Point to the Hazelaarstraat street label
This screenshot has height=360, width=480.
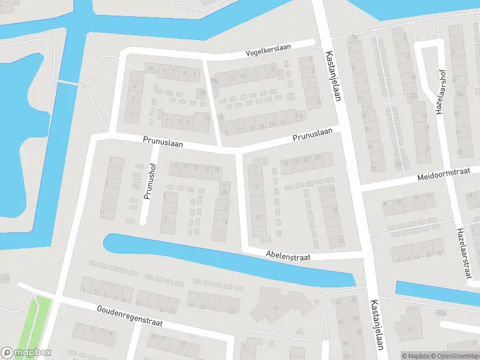(463, 253)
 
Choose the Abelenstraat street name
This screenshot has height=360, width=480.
(289, 257)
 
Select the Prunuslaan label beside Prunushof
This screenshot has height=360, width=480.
(163, 142)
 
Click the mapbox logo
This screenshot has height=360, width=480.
(26, 352)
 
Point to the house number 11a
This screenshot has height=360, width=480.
(5, 278)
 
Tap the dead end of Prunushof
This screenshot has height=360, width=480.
(143, 222)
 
